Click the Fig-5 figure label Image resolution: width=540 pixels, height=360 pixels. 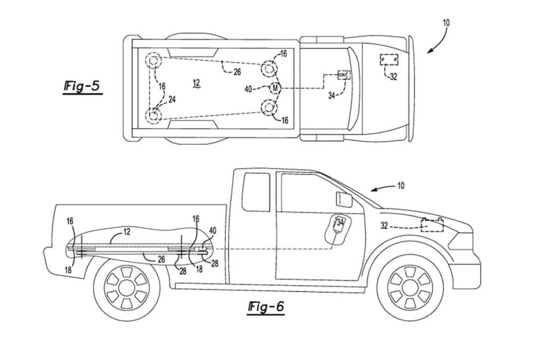(82, 86)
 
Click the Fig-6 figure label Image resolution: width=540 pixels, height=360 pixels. (264, 307)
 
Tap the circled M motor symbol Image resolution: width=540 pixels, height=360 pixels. (275, 88)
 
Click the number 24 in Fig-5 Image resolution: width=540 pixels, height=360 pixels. (172, 99)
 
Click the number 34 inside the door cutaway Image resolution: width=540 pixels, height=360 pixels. (341, 222)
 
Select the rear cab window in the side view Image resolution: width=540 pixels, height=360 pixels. (256, 192)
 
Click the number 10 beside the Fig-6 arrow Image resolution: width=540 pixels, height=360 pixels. (401, 186)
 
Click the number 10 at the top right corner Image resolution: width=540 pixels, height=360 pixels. (446, 23)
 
